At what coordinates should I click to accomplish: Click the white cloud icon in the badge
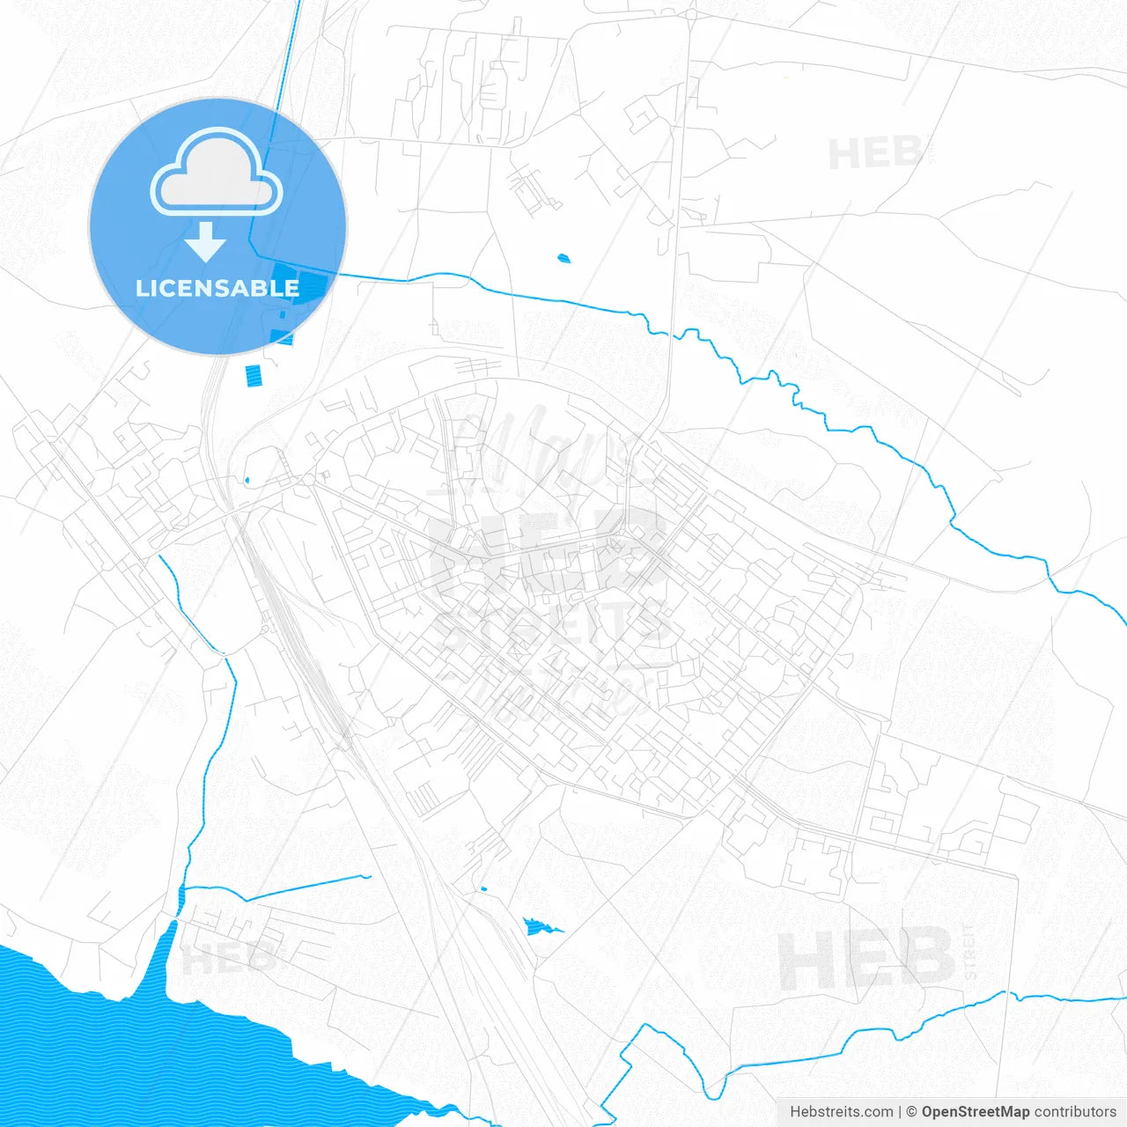point(217,173)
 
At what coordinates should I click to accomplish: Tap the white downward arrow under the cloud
point(206,241)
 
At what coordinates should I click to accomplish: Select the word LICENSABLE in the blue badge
point(217,288)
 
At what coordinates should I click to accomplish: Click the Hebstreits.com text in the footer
point(841,1112)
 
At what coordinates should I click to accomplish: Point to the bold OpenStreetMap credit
point(975,1112)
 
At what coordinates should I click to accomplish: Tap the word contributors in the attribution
point(1075,1112)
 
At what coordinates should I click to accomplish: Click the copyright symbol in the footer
point(911,1112)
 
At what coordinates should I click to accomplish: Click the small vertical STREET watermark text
point(970,951)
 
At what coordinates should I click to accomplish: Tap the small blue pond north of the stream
point(563,258)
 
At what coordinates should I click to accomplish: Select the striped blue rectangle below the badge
point(254,376)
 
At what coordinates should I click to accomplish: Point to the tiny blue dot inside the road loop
point(247,480)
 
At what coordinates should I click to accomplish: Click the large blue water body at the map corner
point(132,1048)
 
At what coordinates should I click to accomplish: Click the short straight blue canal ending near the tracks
point(308,888)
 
